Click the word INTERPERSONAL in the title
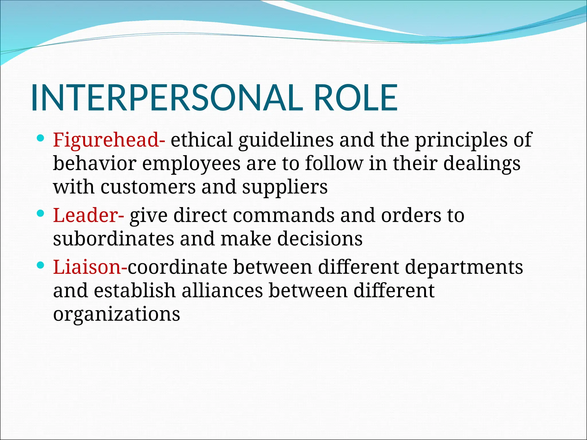(x=167, y=98)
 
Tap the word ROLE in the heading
(x=355, y=98)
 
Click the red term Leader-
(x=89, y=215)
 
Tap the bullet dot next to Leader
(x=40, y=213)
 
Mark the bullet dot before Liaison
(x=40, y=266)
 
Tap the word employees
(x=191, y=164)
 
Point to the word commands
(x=283, y=215)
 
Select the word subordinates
(x=114, y=239)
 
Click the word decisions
(x=320, y=239)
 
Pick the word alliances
(x=222, y=290)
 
